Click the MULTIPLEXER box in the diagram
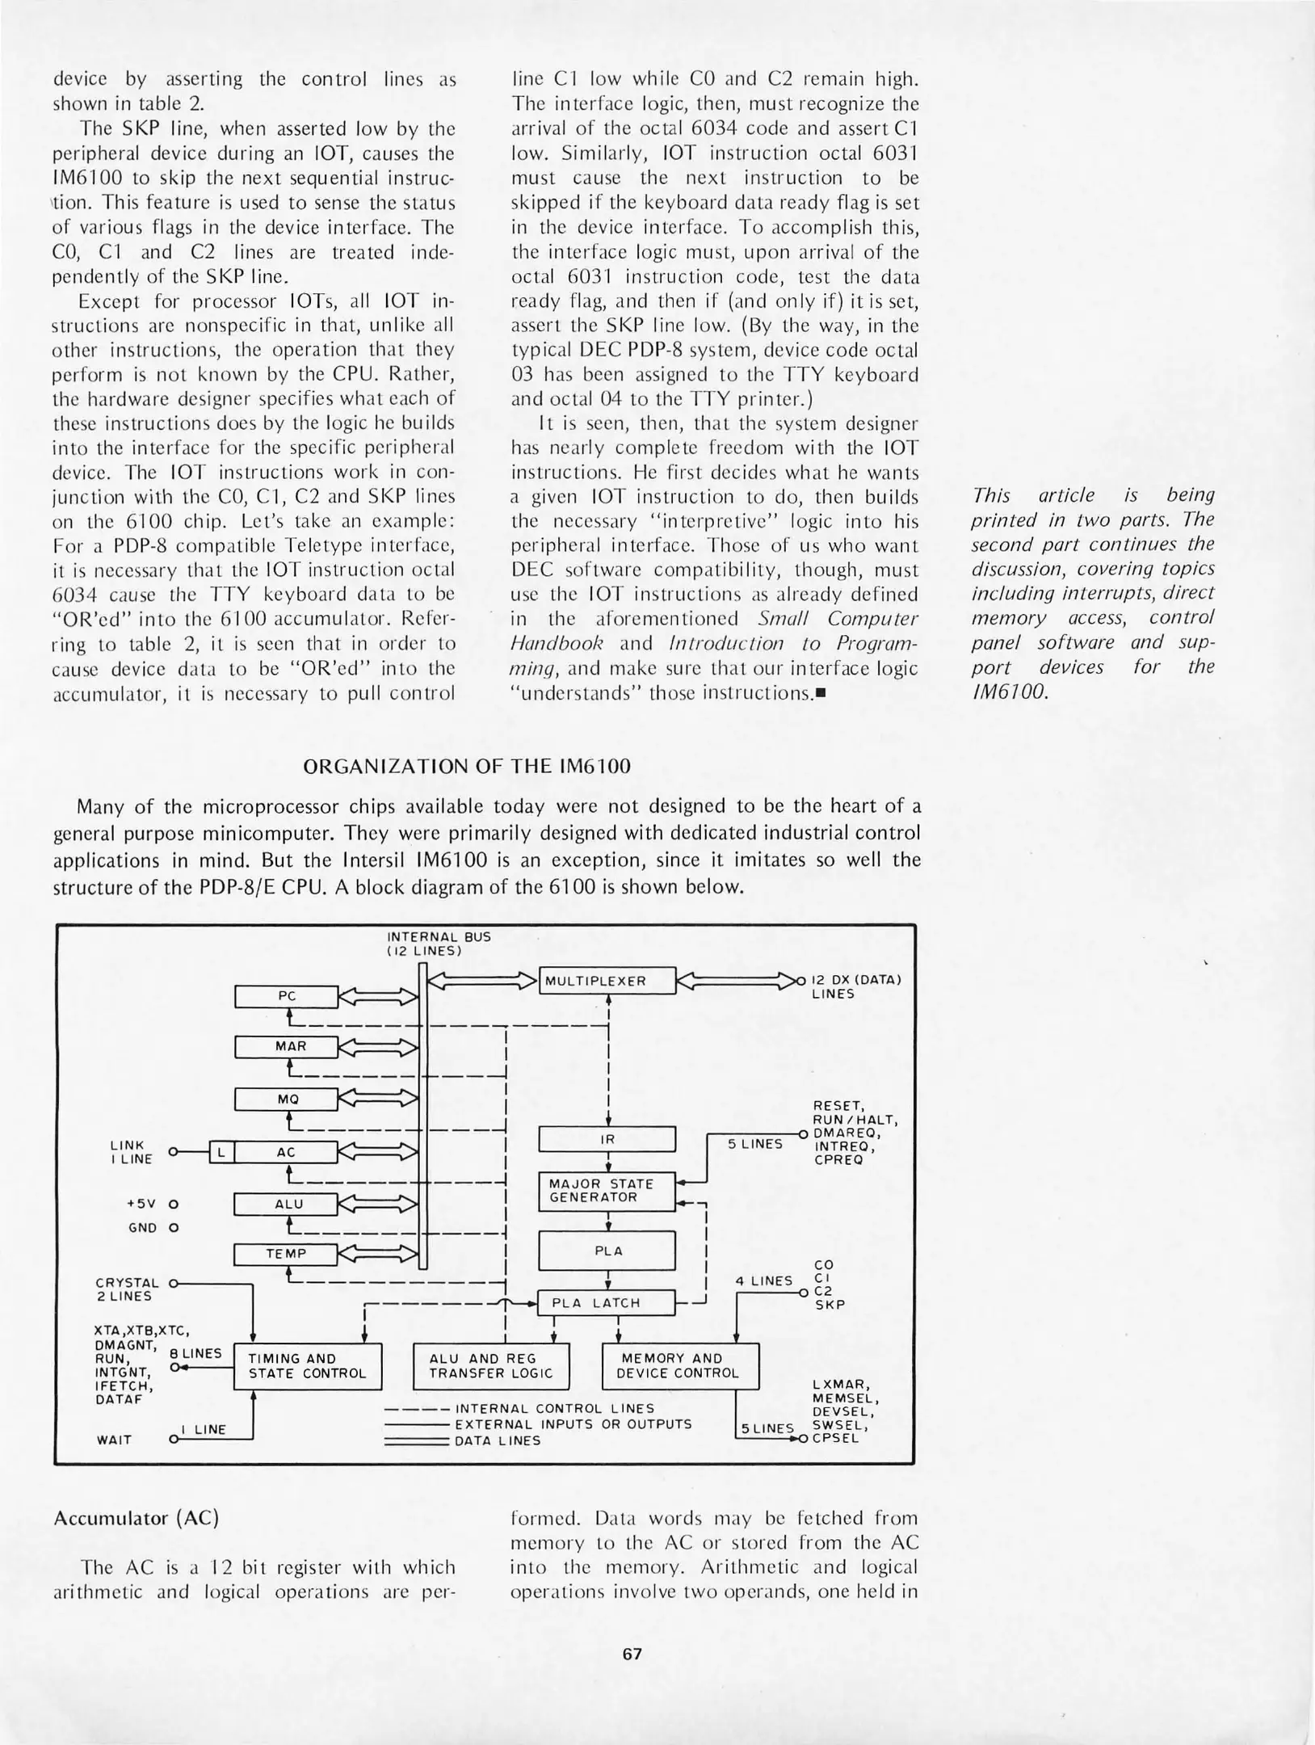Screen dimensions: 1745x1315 [607, 981]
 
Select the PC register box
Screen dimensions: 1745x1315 [286, 997]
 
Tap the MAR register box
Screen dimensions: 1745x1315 [286, 1047]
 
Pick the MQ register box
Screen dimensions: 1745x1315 [286, 1100]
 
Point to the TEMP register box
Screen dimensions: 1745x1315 [285, 1255]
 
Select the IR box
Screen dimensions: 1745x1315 [607, 1139]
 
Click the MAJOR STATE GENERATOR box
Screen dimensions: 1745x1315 [607, 1191]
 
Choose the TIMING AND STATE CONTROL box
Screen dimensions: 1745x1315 [307, 1366]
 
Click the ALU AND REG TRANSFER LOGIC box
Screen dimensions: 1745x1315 [491, 1366]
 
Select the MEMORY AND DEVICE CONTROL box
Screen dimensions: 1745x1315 [681, 1366]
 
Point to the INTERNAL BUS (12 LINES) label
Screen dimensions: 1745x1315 [439, 944]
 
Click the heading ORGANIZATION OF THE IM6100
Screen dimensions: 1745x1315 [466, 766]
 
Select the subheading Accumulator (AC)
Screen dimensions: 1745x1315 [136, 1518]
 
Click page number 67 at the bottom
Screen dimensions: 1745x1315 [632, 1654]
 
